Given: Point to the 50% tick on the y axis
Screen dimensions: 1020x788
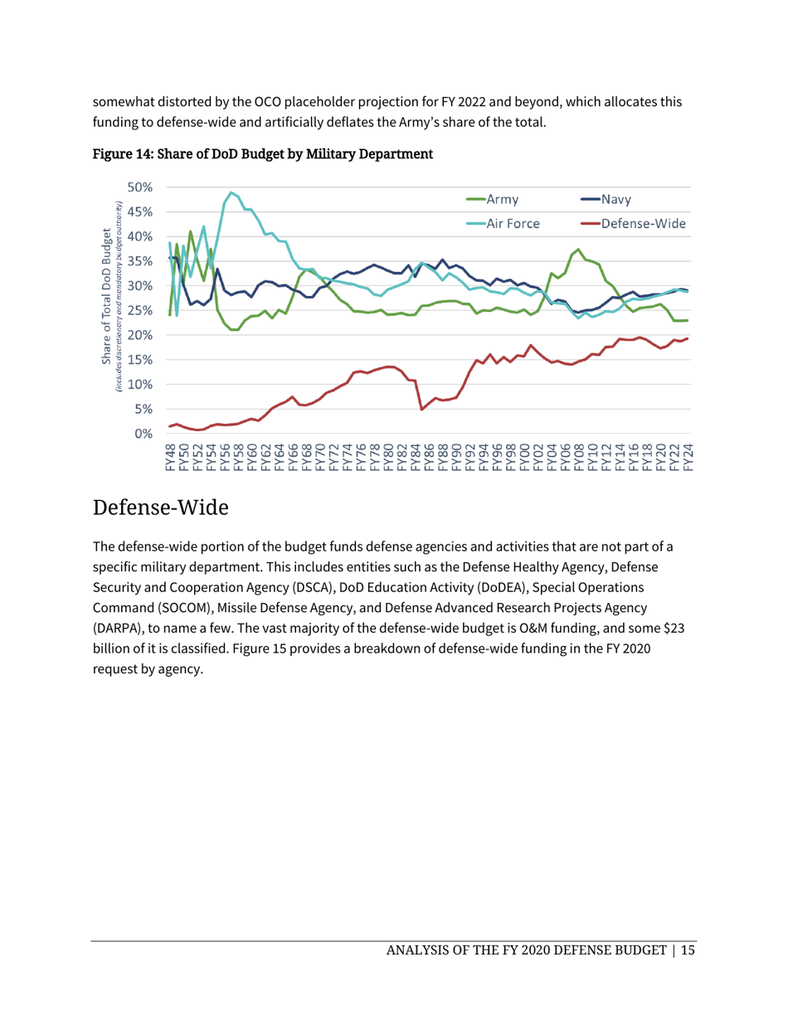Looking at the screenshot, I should click(139, 187).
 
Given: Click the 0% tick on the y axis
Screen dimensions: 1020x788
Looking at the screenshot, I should click(143, 434).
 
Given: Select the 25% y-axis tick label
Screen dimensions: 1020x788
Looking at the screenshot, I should click(139, 311).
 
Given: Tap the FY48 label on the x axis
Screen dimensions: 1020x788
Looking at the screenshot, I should click(171, 458).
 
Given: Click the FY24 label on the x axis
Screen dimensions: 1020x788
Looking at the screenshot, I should click(688, 458).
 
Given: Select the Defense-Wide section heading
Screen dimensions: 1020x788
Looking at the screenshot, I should click(160, 507).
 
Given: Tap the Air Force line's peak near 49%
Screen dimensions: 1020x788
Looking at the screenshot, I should click(231, 192).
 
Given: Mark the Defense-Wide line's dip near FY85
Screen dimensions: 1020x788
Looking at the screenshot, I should click(422, 409).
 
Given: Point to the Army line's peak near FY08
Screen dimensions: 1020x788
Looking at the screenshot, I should click(579, 250).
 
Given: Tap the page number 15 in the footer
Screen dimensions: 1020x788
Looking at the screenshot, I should click(688, 950).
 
